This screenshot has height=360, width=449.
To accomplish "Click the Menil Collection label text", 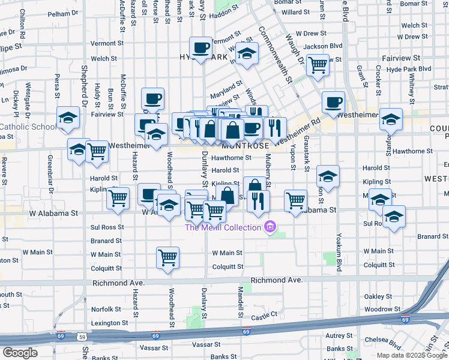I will coord(222,227).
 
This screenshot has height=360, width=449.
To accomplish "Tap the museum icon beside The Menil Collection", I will coord(270,227).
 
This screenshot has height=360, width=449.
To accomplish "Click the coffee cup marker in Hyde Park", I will coord(201,48).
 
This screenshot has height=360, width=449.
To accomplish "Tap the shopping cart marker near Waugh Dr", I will coord(318,64).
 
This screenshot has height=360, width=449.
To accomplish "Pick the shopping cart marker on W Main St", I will coord(167,258).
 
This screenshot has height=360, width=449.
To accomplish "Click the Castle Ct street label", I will coord(264,314).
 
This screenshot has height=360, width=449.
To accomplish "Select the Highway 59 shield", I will coord(82,337).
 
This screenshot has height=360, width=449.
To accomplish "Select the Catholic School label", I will coord(28,127).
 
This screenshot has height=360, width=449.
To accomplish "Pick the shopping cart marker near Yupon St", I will coord(295,201).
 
